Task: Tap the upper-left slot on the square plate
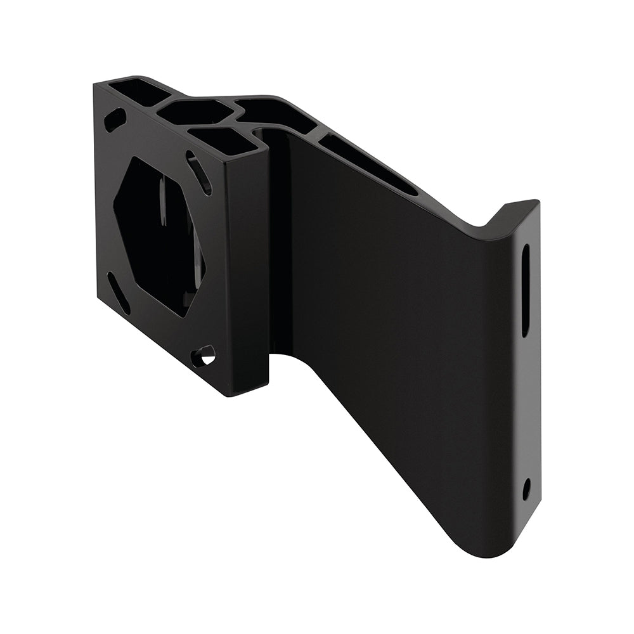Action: point(115,119)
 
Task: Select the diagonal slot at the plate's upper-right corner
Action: point(199,171)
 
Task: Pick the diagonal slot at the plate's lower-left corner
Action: point(119,292)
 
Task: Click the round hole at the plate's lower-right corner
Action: point(204,356)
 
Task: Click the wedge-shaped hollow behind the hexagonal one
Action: point(279,117)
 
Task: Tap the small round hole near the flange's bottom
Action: point(526,489)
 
